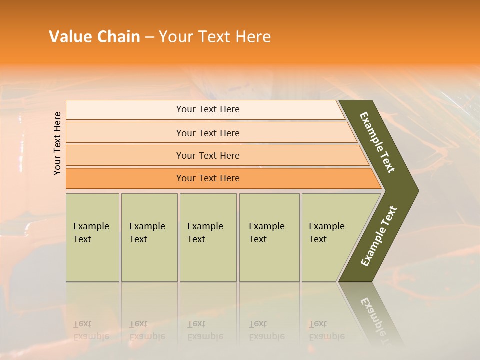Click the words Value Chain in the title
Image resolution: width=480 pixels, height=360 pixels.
[x=94, y=36]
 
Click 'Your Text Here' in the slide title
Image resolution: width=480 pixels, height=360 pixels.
[x=215, y=36]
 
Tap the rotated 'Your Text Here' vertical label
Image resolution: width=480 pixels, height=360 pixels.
[x=57, y=143]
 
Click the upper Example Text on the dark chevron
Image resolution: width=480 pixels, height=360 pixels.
[x=378, y=142]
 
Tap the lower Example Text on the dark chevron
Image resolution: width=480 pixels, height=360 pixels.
[x=379, y=236]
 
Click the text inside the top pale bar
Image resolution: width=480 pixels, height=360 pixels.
[x=208, y=109]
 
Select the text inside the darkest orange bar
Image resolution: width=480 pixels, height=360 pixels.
[x=208, y=178]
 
